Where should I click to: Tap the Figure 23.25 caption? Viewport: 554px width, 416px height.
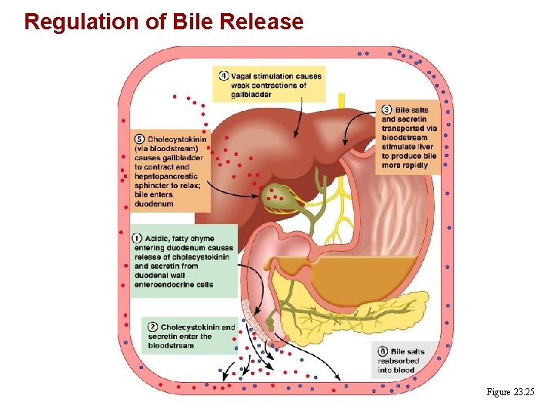tap(509, 393)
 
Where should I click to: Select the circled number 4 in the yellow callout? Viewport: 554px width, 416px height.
tap(223, 76)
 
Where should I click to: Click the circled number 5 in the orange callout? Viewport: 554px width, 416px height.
tap(139, 139)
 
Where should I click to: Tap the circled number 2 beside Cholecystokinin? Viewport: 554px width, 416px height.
tap(154, 327)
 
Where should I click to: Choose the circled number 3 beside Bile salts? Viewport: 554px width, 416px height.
tap(387, 110)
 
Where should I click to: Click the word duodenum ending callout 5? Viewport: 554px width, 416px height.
tap(154, 203)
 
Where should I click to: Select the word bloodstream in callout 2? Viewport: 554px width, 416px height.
tap(171, 346)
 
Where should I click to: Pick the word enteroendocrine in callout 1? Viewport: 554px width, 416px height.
tap(161, 284)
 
